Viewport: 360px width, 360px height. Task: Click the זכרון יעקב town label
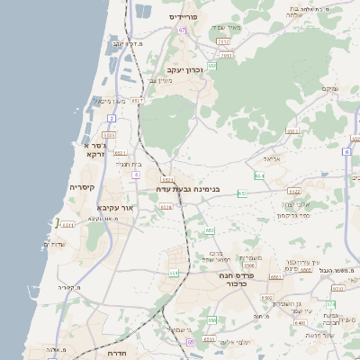click(185, 69)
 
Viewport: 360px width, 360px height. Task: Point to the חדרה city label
click(116, 354)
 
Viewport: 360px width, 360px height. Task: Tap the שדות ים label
click(55, 245)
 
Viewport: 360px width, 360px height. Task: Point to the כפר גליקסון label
click(293, 215)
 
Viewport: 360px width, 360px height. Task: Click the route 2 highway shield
click(112, 118)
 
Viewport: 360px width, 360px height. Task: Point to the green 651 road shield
click(174, 273)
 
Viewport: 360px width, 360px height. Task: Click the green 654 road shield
click(259, 175)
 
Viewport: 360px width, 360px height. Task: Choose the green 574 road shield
click(331, 304)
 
